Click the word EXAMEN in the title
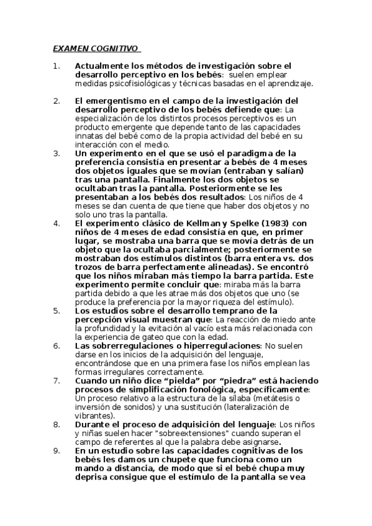click(x=70, y=48)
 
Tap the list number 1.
click(x=55, y=65)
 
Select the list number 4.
click(x=56, y=223)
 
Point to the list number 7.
click(x=56, y=380)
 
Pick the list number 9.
click(x=56, y=450)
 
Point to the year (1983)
click(x=270, y=223)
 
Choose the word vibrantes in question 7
click(x=93, y=415)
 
